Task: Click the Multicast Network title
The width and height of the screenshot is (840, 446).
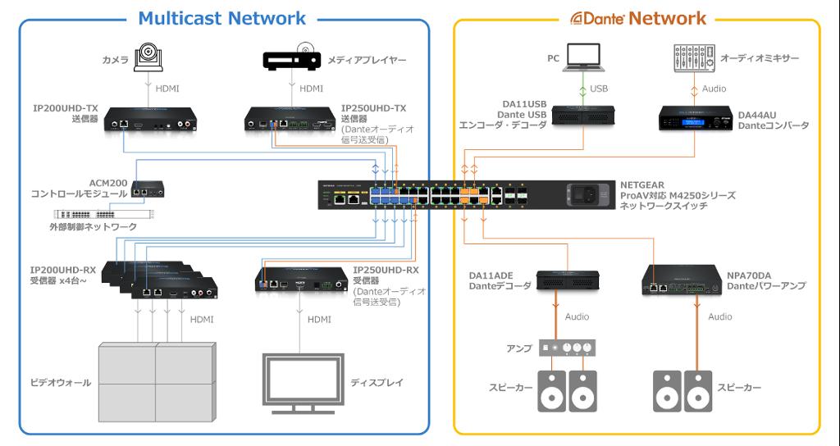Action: tap(222, 17)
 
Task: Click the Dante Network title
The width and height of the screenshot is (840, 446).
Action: tap(637, 17)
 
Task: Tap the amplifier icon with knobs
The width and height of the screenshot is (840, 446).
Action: tap(566, 348)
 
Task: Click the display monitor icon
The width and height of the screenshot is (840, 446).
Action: tap(303, 381)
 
